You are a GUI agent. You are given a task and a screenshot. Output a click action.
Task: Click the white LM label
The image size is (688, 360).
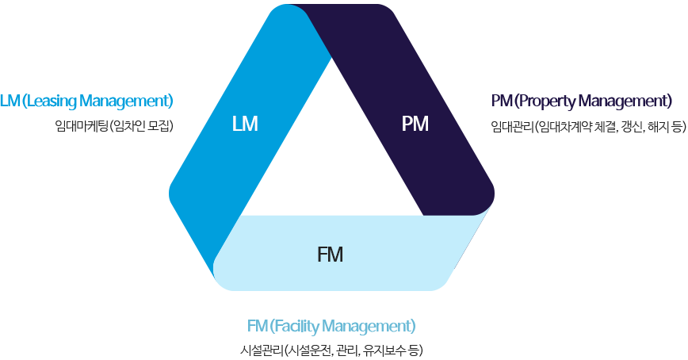[245, 124]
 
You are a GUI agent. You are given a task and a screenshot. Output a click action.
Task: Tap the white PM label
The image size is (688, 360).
[415, 124]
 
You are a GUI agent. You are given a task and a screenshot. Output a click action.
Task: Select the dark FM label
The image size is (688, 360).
[330, 255]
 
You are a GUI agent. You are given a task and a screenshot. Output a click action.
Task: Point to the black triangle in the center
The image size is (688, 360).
[331, 159]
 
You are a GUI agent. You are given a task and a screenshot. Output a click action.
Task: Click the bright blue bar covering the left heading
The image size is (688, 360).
[87, 101]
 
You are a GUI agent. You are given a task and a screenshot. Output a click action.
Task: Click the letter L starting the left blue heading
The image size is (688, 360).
[4, 101]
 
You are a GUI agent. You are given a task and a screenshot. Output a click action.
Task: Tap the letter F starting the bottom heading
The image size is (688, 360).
[250, 326]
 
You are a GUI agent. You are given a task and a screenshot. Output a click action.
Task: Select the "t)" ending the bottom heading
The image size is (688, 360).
[410, 326]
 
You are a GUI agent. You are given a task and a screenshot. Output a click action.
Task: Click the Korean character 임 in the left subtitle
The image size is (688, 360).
[60, 125]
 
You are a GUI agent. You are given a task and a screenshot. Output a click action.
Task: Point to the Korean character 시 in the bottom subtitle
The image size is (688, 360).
[246, 350]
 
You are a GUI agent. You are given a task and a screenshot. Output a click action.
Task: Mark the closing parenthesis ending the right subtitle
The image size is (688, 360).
[682, 125]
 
